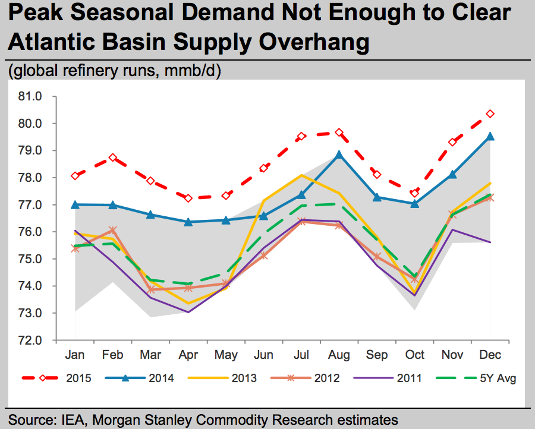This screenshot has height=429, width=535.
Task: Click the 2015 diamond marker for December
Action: tap(490, 113)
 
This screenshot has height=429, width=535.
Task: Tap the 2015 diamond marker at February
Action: tap(113, 157)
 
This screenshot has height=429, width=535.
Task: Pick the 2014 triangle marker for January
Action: tap(75, 204)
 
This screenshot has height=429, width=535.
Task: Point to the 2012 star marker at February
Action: tap(113, 230)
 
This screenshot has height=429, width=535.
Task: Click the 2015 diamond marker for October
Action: tap(415, 193)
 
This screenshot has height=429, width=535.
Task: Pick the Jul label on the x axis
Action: tap(301, 355)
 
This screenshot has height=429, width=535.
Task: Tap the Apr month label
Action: tap(188, 355)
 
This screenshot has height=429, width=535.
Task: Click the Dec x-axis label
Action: tap(490, 355)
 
